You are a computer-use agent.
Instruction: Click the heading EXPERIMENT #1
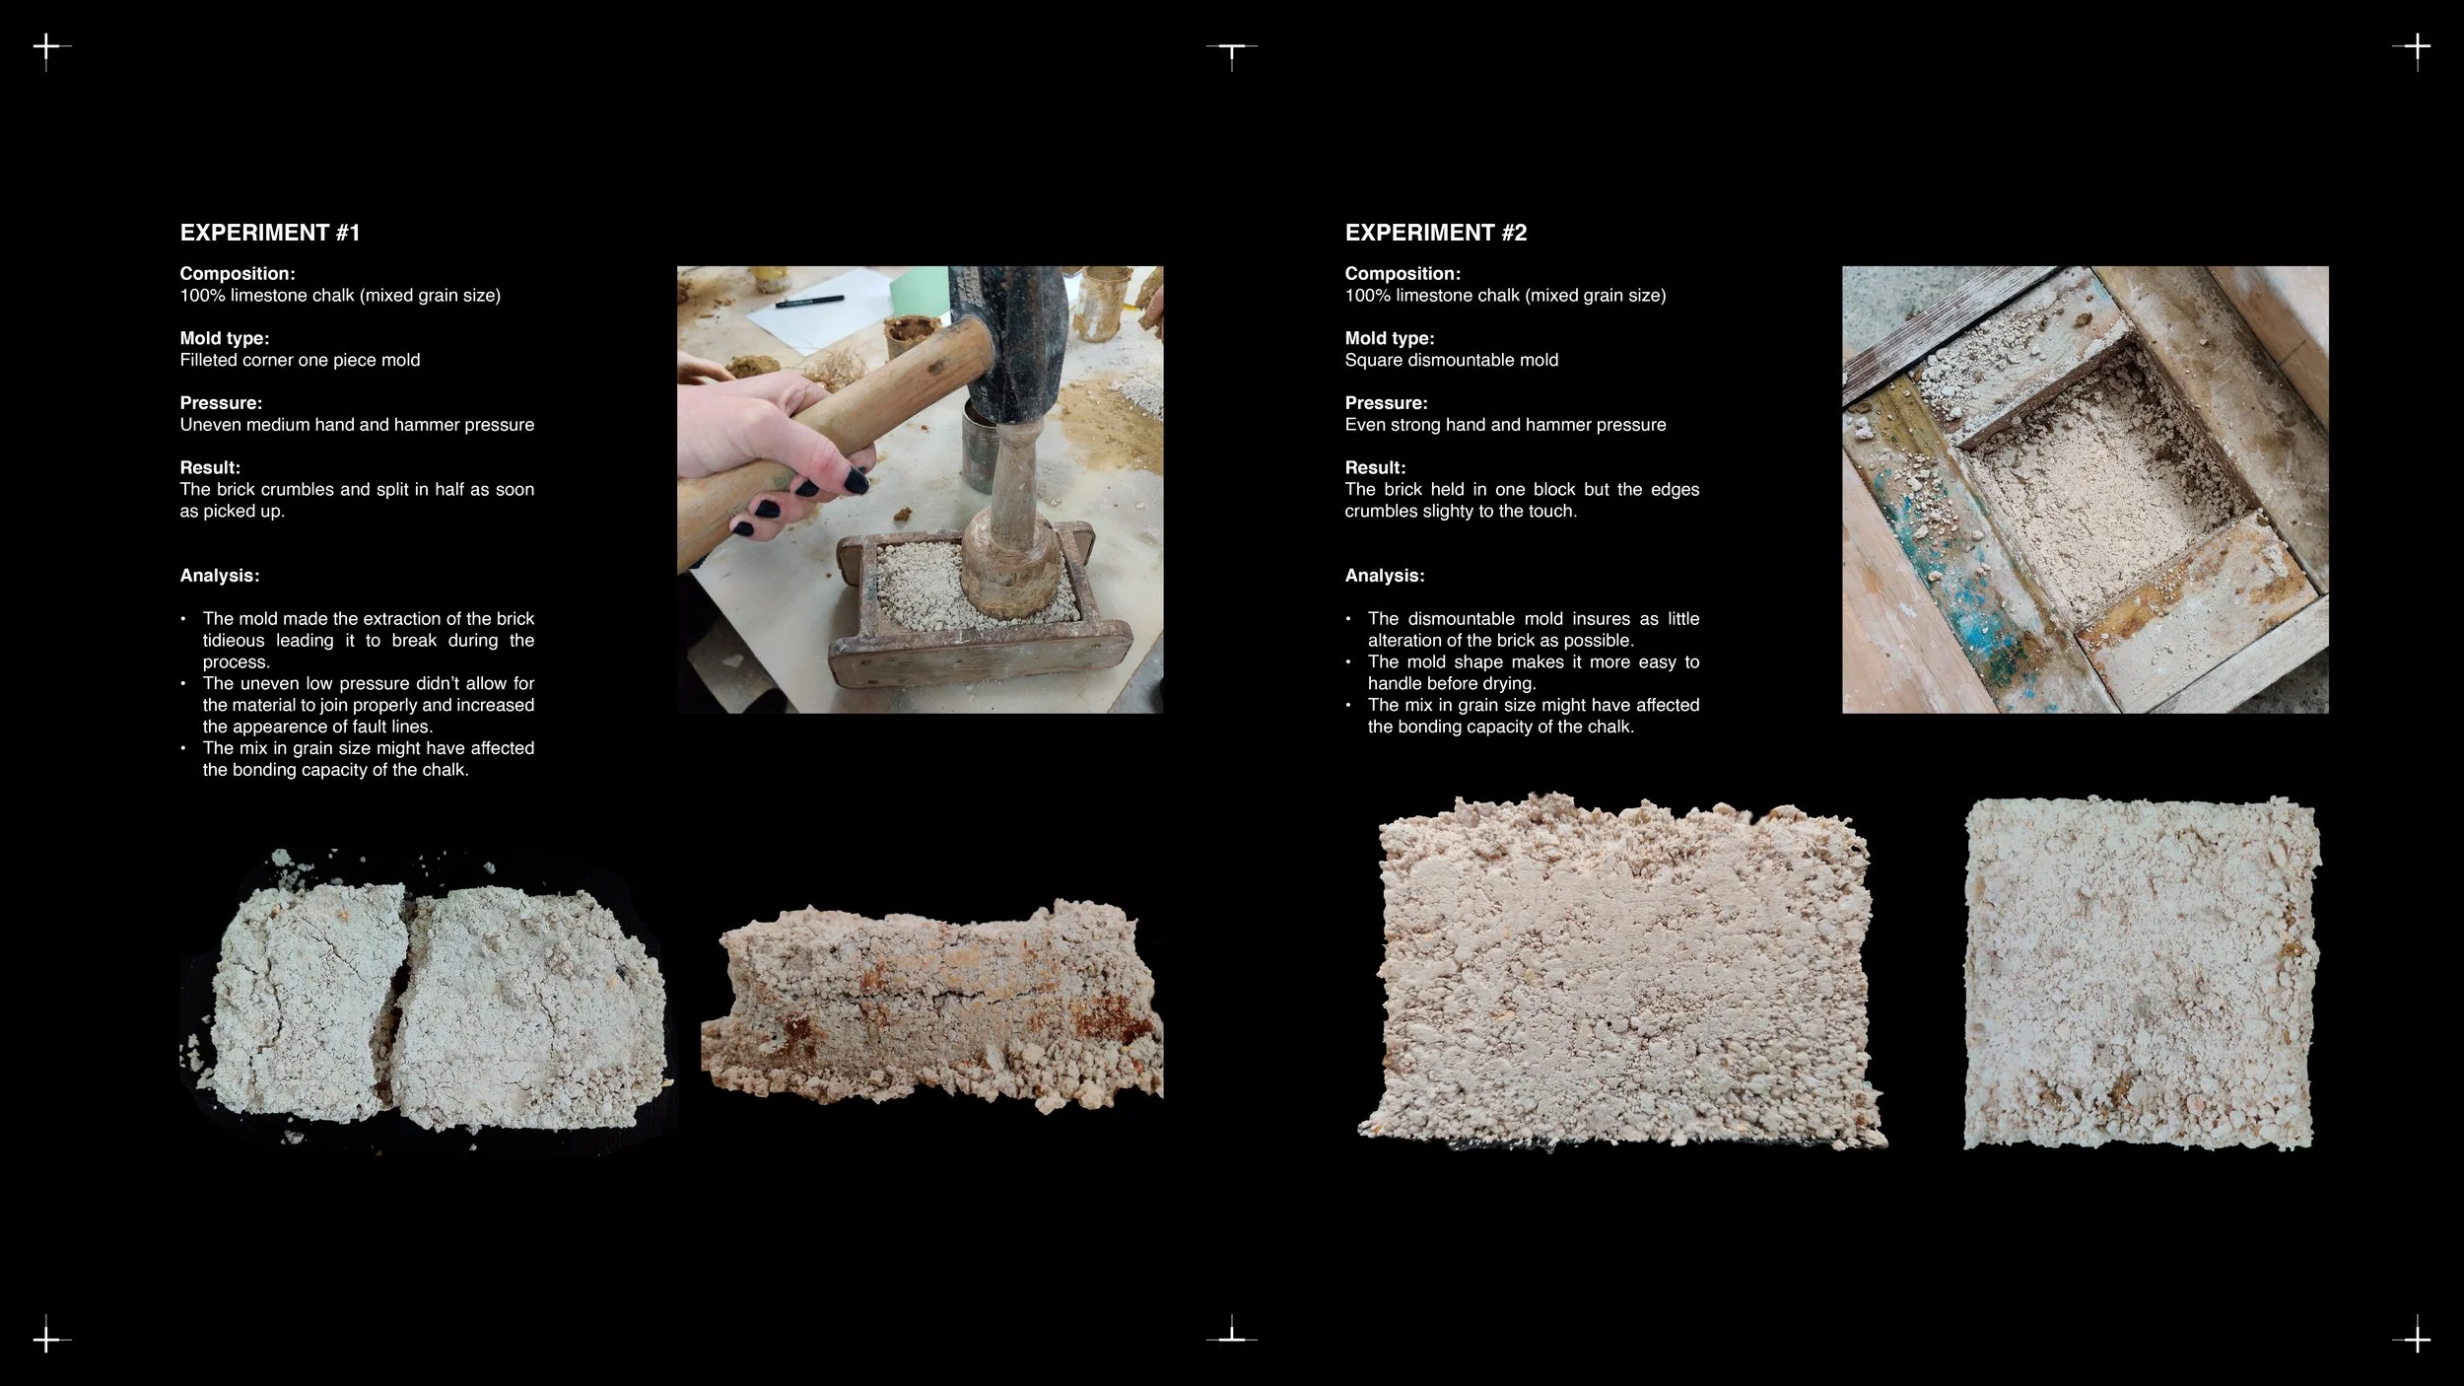(270, 233)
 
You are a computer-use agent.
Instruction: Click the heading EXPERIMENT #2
(1436, 233)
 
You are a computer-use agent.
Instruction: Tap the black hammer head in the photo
(1009, 340)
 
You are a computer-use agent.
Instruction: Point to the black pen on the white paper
(808, 301)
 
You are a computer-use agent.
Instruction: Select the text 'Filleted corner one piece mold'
(300, 360)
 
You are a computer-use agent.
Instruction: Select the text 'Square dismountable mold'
(1452, 360)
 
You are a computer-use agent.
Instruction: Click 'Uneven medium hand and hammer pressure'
(357, 425)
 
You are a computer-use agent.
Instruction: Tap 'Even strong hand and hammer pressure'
(1505, 425)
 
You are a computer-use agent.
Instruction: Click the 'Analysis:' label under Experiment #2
(1385, 576)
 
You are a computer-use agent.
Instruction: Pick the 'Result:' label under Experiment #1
(210, 467)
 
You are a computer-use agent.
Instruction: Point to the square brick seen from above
(2141, 973)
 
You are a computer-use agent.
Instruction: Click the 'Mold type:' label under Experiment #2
(1390, 338)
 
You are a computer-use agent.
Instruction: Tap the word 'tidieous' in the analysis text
(234, 641)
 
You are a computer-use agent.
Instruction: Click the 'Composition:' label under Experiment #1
(238, 274)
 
